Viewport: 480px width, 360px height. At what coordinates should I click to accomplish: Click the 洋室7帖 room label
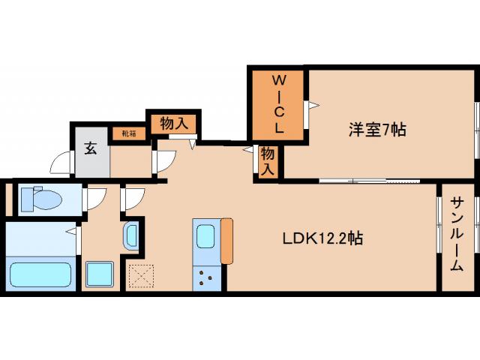[376, 130]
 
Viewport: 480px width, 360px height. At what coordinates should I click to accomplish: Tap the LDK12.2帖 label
[323, 259]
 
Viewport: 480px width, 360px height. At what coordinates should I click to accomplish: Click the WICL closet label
[277, 103]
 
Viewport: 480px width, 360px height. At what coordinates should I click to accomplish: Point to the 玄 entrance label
[91, 148]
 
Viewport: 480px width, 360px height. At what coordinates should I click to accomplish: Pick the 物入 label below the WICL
[268, 161]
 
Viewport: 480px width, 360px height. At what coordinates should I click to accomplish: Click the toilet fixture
[41, 199]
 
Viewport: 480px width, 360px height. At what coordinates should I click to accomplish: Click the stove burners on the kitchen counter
[207, 280]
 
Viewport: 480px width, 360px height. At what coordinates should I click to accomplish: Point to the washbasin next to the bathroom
[130, 236]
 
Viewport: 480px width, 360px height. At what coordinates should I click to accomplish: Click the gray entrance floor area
[91, 160]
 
